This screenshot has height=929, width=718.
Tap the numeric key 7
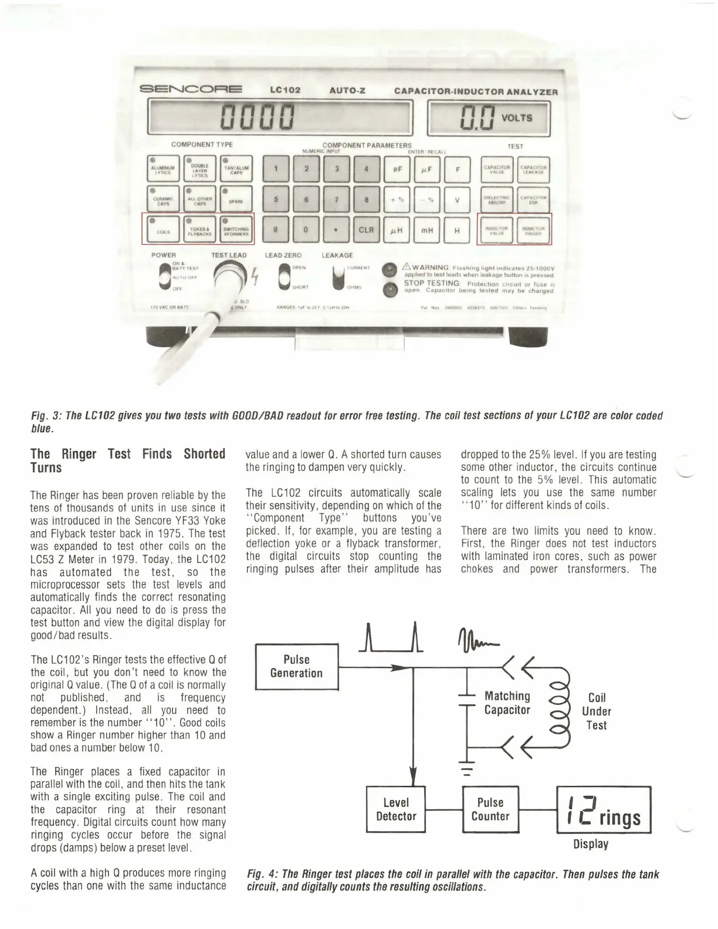[337, 199]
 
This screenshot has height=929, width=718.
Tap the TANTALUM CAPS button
[236, 169]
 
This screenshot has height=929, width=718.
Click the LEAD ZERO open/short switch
[285, 277]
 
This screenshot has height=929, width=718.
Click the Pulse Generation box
[297, 667]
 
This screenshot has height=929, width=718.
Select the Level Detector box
[396, 809]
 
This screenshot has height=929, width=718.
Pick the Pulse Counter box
[490, 809]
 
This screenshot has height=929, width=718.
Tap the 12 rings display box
[603, 810]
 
